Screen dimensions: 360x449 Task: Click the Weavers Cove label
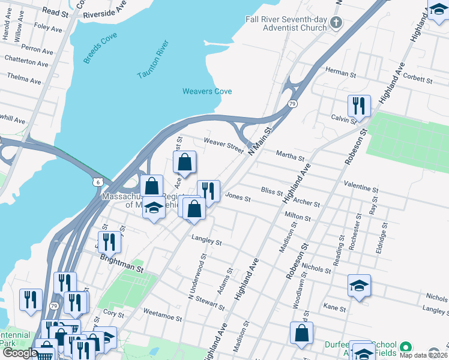(207, 91)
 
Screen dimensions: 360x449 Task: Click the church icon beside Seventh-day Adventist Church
(336, 24)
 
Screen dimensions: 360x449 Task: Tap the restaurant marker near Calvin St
(359, 106)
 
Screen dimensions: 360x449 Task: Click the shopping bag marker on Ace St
(185, 161)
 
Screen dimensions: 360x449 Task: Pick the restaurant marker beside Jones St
(208, 191)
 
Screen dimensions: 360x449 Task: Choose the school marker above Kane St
(359, 285)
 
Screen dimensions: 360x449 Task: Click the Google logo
(19, 353)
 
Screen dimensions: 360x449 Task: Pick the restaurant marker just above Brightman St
(109, 242)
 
